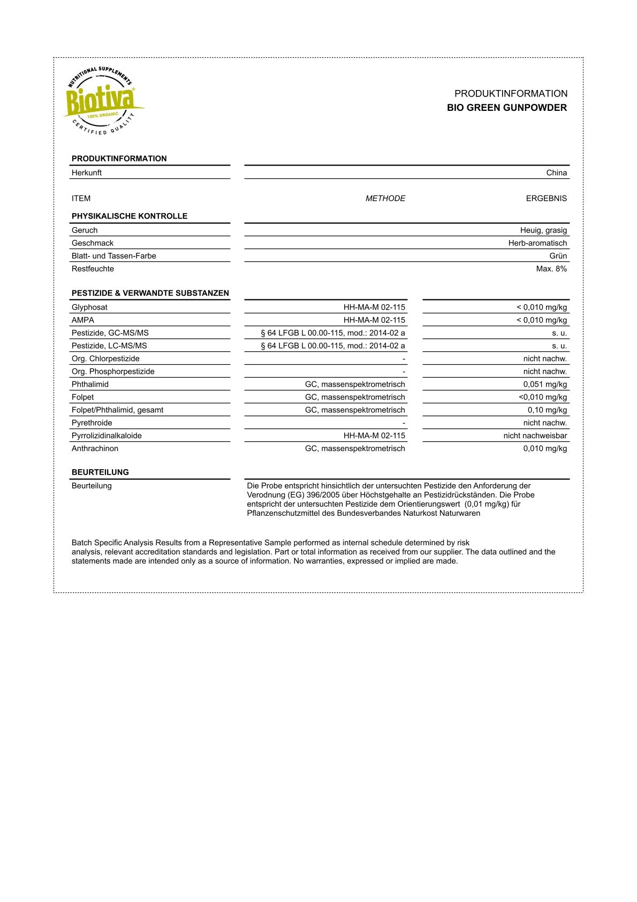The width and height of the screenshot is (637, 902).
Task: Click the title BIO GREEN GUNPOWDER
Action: coord(506,108)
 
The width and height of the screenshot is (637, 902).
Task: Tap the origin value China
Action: coord(556,172)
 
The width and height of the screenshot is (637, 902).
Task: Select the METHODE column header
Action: coord(385,198)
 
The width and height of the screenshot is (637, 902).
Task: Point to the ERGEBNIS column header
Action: coord(546,198)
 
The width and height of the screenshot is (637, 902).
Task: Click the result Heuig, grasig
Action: coord(543,230)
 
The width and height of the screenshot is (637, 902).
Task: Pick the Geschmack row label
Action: coord(93,243)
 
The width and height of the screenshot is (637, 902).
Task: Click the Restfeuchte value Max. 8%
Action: coord(551,269)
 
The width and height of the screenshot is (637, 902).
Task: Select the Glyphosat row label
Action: coord(89,307)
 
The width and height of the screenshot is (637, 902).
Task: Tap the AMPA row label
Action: coord(83,320)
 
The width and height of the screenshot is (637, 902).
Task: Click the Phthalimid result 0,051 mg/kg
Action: coord(545,385)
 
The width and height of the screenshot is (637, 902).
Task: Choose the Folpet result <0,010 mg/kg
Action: coord(542,397)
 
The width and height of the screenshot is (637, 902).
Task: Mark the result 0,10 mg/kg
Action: coord(547,410)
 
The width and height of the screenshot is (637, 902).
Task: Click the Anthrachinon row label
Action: coord(95,449)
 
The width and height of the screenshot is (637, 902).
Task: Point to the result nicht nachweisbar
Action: coord(535,436)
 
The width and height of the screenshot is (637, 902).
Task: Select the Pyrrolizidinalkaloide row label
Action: coord(107,436)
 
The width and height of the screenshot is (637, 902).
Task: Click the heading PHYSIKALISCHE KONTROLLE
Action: coord(130,216)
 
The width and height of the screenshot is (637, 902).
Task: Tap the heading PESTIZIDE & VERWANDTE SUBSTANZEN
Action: coord(150,294)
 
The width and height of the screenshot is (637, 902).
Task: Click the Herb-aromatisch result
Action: coord(537,243)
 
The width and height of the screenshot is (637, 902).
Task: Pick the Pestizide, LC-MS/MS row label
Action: coord(109,346)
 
